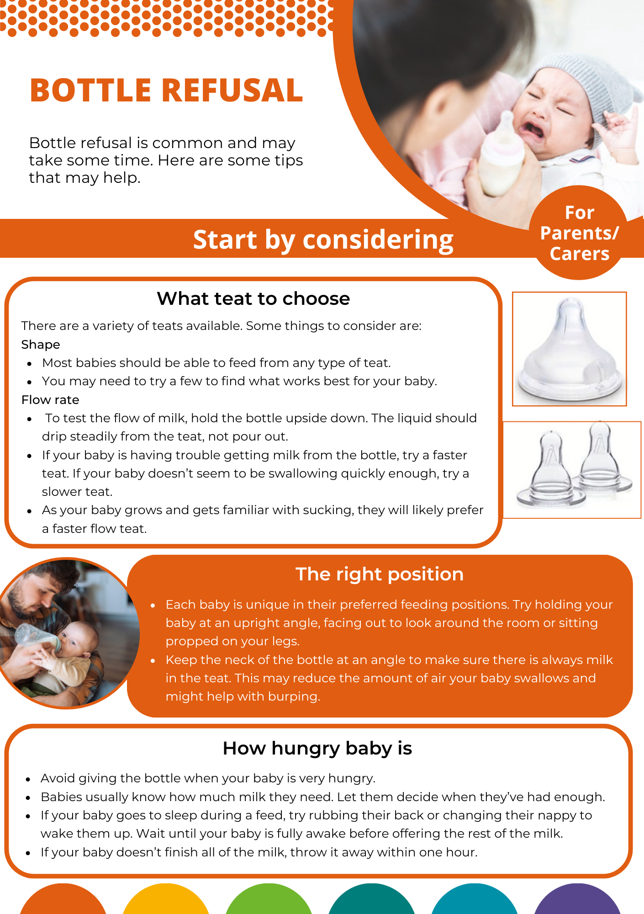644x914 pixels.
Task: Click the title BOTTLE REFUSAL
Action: pos(166,90)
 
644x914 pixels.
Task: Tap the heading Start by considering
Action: pos(323,239)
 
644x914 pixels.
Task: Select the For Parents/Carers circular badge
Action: pos(579,233)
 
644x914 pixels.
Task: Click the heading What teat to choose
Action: pos(253,298)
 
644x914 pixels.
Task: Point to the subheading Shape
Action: pos(41,345)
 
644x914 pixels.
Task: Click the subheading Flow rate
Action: pos(50,400)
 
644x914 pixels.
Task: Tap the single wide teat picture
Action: pos(569,349)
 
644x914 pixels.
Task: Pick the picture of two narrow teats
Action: pos(573,469)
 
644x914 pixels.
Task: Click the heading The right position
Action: pos(380,574)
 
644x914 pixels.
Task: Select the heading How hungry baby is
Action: pos(317,748)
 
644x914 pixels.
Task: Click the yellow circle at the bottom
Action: pos(166,900)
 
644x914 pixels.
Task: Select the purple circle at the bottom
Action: pos(577,900)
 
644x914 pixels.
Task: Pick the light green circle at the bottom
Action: pos(269,900)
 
